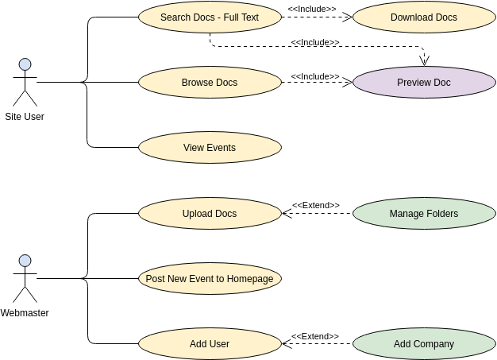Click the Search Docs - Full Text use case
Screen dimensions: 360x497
[210, 17]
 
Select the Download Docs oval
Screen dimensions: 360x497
[423, 17]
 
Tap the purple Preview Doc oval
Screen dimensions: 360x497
[423, 82]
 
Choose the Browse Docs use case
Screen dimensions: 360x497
[210, 82]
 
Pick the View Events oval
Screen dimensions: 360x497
[210, 147]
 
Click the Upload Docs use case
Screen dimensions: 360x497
[210, 213]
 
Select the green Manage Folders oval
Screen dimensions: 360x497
[423, 213]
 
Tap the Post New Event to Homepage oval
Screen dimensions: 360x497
[210, 279]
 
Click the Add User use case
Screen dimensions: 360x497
[210, 344]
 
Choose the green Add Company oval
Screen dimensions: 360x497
[423, 344]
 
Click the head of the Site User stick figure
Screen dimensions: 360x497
[25, 64]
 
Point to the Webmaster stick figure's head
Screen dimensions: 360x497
[25, 261]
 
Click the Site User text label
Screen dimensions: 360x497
[25, 117]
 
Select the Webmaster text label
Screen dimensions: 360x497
[25, 313]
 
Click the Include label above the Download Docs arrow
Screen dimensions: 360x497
[311, 9]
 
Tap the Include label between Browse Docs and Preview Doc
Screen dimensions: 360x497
[315, 76]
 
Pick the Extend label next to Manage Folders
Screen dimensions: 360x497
[315, 205]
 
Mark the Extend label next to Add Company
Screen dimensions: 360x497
[315, 336]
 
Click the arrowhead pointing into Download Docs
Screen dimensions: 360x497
[347, 17]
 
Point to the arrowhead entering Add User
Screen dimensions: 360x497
[287, 344]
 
